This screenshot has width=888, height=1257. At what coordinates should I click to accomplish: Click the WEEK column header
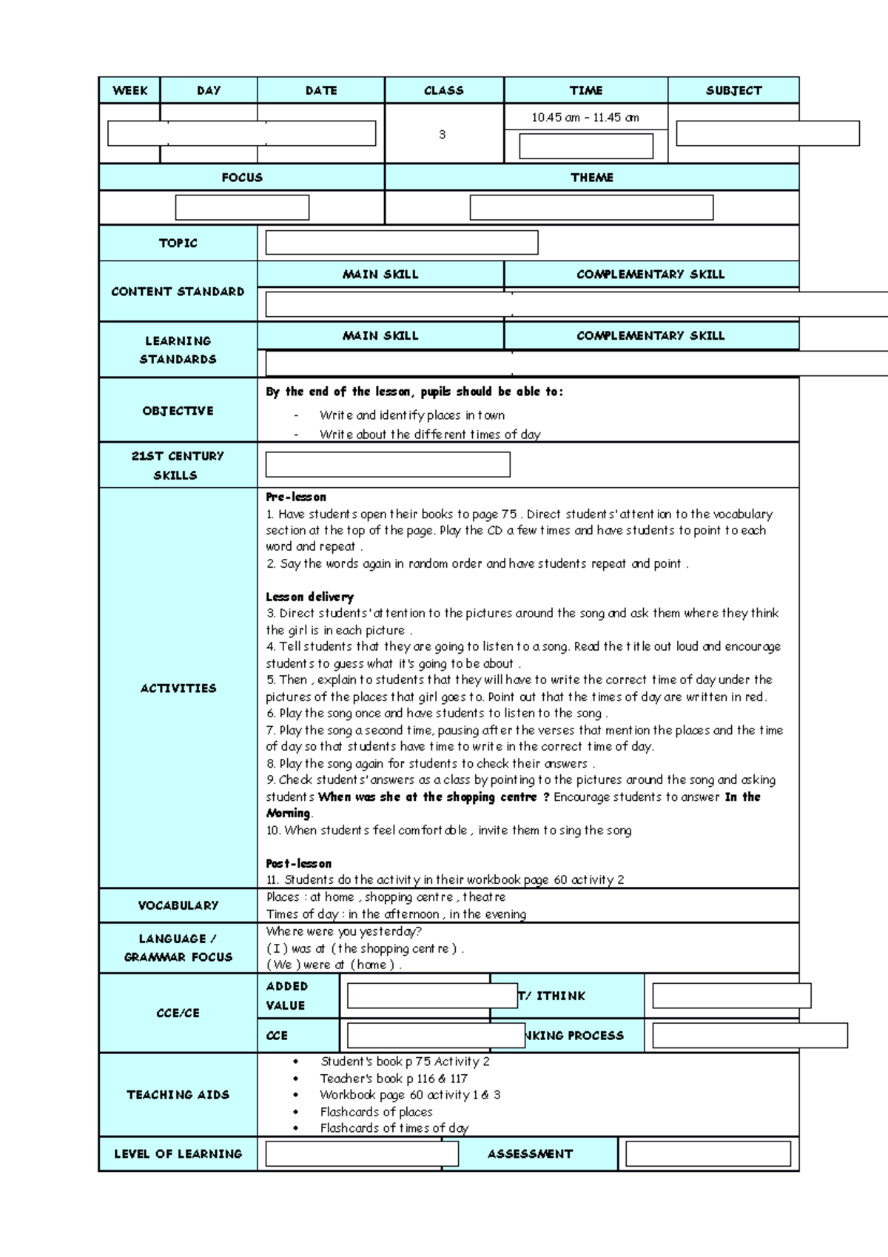click(129, 90)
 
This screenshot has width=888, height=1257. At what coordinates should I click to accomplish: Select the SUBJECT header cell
click(733, 90)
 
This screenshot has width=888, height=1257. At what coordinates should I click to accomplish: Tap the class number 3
click(443, 135)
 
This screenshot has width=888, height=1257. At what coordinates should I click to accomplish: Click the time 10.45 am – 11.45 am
click(585, 118)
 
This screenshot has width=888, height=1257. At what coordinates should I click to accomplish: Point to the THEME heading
click(591, 178)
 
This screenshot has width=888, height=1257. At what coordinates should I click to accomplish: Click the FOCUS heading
click(242, 178)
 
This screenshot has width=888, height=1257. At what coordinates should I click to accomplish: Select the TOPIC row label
click(178, 243)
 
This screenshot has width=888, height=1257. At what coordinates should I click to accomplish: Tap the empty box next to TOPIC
click(401, 243)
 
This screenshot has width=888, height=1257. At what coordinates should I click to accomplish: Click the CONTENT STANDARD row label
click(178, 292)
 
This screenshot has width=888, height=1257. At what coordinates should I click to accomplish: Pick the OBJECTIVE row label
click(178, 411)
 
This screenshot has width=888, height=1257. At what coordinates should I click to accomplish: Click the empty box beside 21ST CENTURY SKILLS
click(388, 465)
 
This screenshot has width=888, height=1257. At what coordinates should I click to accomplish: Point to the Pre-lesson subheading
click(296, 497)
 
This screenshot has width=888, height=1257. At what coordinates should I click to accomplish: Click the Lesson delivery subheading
click(309, 597)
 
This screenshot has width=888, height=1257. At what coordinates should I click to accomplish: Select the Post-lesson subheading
click(298, 863)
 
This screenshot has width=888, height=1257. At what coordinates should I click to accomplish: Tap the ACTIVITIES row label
click(178, 688)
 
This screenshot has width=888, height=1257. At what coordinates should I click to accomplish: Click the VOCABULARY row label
click(178, 905)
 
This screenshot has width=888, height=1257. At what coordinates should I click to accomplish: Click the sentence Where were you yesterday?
click(343, 931)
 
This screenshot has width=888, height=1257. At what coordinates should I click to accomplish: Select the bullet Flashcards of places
click(376, 1112)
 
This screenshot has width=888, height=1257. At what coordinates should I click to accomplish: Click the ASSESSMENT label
click(530, 1154)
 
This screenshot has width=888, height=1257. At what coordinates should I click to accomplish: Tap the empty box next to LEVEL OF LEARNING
click(362, 1154)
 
